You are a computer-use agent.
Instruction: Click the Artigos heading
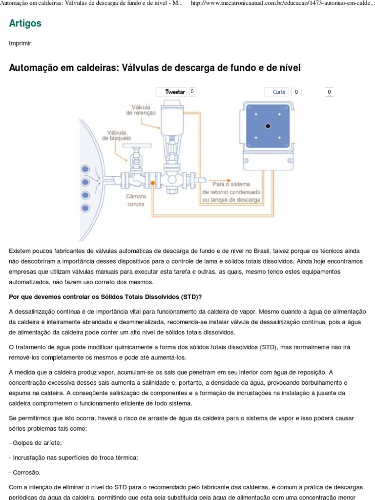(x=25, y=23)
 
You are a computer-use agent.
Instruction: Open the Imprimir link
(x=20, y=43)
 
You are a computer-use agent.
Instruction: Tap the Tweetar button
(x=175, y=92)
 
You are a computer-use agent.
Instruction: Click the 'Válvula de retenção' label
(x=141, y=109)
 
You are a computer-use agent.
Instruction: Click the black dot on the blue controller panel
(x=268, y=126)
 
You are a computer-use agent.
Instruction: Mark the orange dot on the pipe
(x=153, y=183)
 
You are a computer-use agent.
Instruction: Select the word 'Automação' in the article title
(x=32, y=68)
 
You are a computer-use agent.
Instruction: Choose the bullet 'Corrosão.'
(x=25, y=472)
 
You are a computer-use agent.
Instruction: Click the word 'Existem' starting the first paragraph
(x=20, y=250)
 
